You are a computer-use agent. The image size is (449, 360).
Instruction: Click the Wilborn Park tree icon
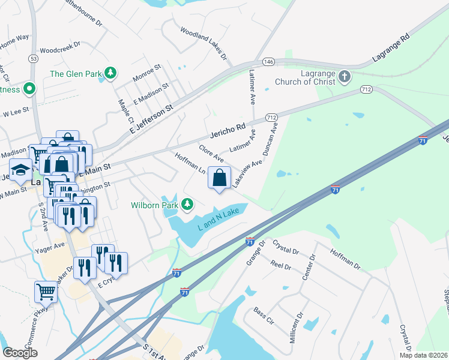(188, 205)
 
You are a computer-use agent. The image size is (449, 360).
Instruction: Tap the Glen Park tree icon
(110, 73)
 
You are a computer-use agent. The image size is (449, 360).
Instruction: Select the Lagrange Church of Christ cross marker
(344, 76)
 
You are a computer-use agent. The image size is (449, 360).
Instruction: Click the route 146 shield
(268, 61)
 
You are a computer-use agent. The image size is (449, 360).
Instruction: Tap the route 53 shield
(33, 58)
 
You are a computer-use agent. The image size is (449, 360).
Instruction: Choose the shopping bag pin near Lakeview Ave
(220, 178)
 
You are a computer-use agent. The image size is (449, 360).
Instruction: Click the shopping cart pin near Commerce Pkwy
(46, 292)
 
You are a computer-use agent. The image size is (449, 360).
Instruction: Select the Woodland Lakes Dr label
(203, 43)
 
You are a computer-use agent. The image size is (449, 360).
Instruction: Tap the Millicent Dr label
(303, 329)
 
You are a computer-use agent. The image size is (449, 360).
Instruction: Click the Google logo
(20, 352)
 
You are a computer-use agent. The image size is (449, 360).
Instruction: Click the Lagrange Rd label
(390, 46)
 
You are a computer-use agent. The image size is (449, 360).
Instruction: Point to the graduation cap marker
(20, 171)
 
